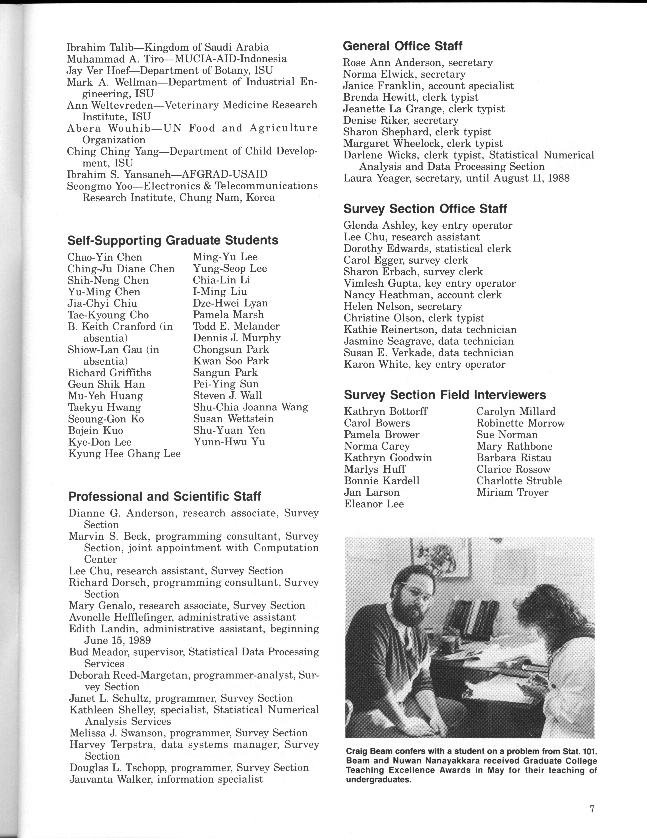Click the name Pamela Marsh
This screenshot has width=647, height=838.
click(228, 315)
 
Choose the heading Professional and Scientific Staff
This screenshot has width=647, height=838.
click(165, 496)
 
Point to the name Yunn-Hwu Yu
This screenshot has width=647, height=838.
click(229, 442)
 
